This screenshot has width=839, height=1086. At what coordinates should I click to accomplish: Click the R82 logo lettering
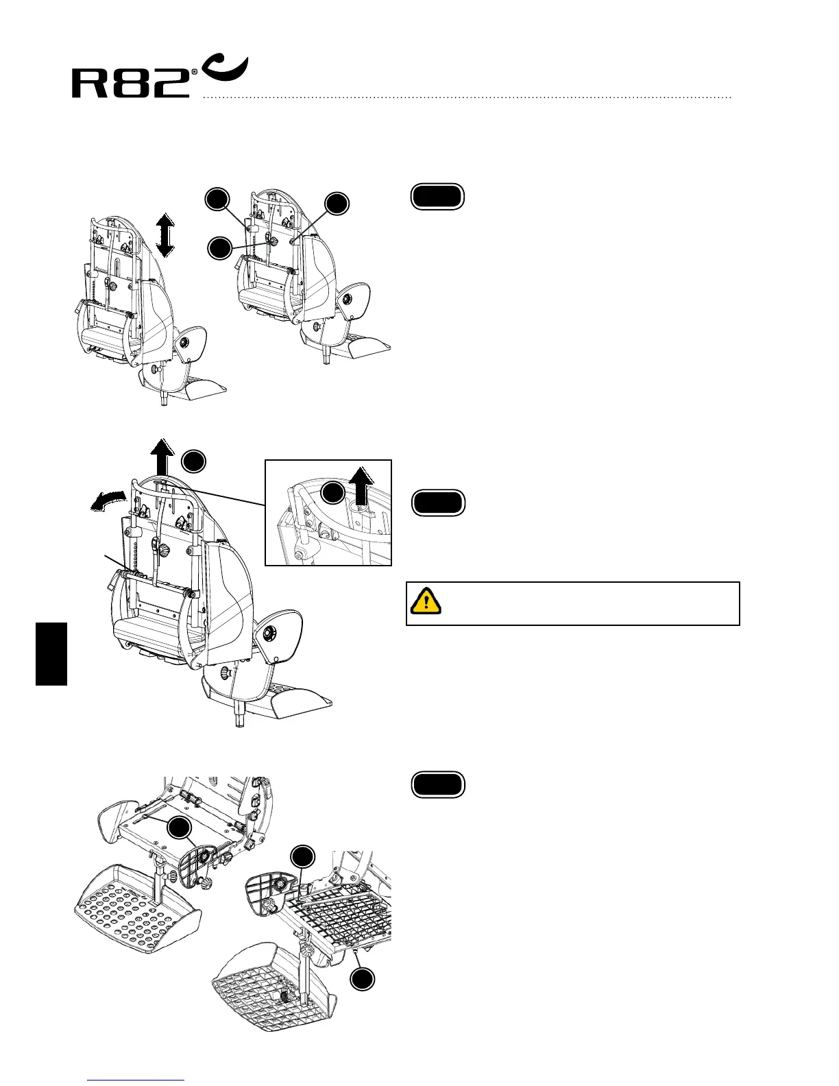point(130,84)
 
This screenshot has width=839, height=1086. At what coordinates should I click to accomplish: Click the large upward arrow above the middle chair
point(162,457)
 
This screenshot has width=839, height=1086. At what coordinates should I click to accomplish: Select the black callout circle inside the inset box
point(333,492)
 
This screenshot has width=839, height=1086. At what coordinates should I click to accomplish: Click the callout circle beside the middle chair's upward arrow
point(194,461)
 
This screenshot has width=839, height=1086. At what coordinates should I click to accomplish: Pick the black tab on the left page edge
point(52,653)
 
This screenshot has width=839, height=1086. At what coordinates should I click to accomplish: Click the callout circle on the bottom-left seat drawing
point(180,828)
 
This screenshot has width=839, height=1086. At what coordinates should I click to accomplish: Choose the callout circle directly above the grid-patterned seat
point(303,856)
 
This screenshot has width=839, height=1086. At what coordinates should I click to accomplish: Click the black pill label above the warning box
point(438,503)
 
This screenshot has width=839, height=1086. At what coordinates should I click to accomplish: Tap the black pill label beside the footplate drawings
point(438,785)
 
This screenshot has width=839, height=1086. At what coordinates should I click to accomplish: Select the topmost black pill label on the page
point(437,197)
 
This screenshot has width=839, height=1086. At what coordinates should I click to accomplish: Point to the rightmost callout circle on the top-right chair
point(337,204)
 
